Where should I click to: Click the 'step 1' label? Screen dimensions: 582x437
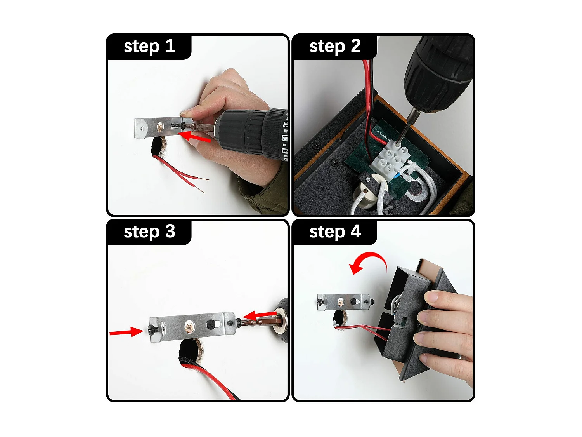pos(149,47)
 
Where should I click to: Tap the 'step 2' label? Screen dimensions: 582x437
pos(335,47)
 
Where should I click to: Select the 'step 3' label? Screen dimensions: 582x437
pos(149,232)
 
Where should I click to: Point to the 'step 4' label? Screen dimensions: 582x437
pos(335,232)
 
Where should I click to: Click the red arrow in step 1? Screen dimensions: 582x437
pos(194,136)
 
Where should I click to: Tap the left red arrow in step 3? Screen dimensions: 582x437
pos(126,332)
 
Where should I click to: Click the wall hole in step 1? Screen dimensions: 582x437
pos(159,148)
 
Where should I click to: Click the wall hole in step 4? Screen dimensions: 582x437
pos(339,319)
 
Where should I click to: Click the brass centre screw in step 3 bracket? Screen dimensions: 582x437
pos(189,327)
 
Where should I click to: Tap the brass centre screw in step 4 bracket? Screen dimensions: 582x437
pos(341,301)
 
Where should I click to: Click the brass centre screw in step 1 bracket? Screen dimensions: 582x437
pos(161,127)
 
